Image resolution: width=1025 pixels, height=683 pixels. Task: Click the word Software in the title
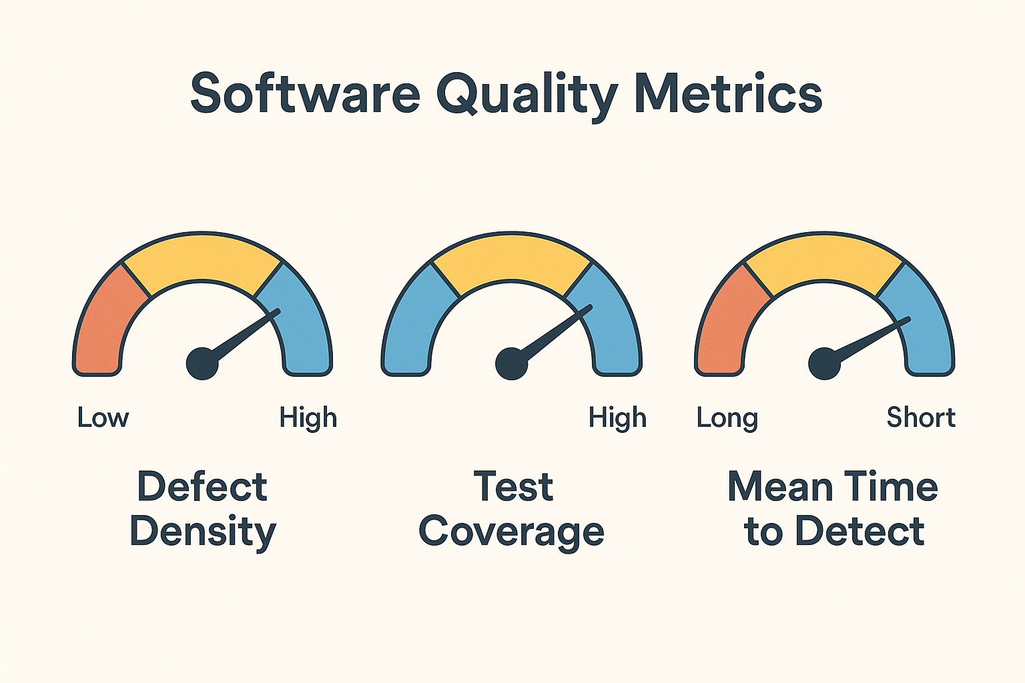pyautogui.click(x=305, y=93)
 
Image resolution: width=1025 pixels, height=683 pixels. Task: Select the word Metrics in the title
pyautogui.click(x=728, y=93)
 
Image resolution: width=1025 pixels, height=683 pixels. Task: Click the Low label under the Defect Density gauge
pyautogui.click(x=103, y=418)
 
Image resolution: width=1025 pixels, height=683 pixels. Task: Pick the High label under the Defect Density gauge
pyautogui.click(x=308, y=418)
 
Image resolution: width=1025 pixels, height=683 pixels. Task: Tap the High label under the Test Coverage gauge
pyautogui.click(x=617, y=418)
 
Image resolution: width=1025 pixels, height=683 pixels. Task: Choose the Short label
pyautogui.click(x=921, y=418)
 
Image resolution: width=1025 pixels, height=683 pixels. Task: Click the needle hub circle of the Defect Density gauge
pyautogui.click(x=202, y=364)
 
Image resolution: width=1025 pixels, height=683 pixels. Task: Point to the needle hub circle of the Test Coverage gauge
pyautogui.click(x=511, y=364)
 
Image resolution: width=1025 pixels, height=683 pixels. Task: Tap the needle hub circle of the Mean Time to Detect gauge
pyautogui.click(x=824, y=364)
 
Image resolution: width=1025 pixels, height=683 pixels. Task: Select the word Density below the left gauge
pyautogui.click(x=203, y=532)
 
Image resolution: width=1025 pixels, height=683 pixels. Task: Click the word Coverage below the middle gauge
pyautogui.click(x=512, y=532)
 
